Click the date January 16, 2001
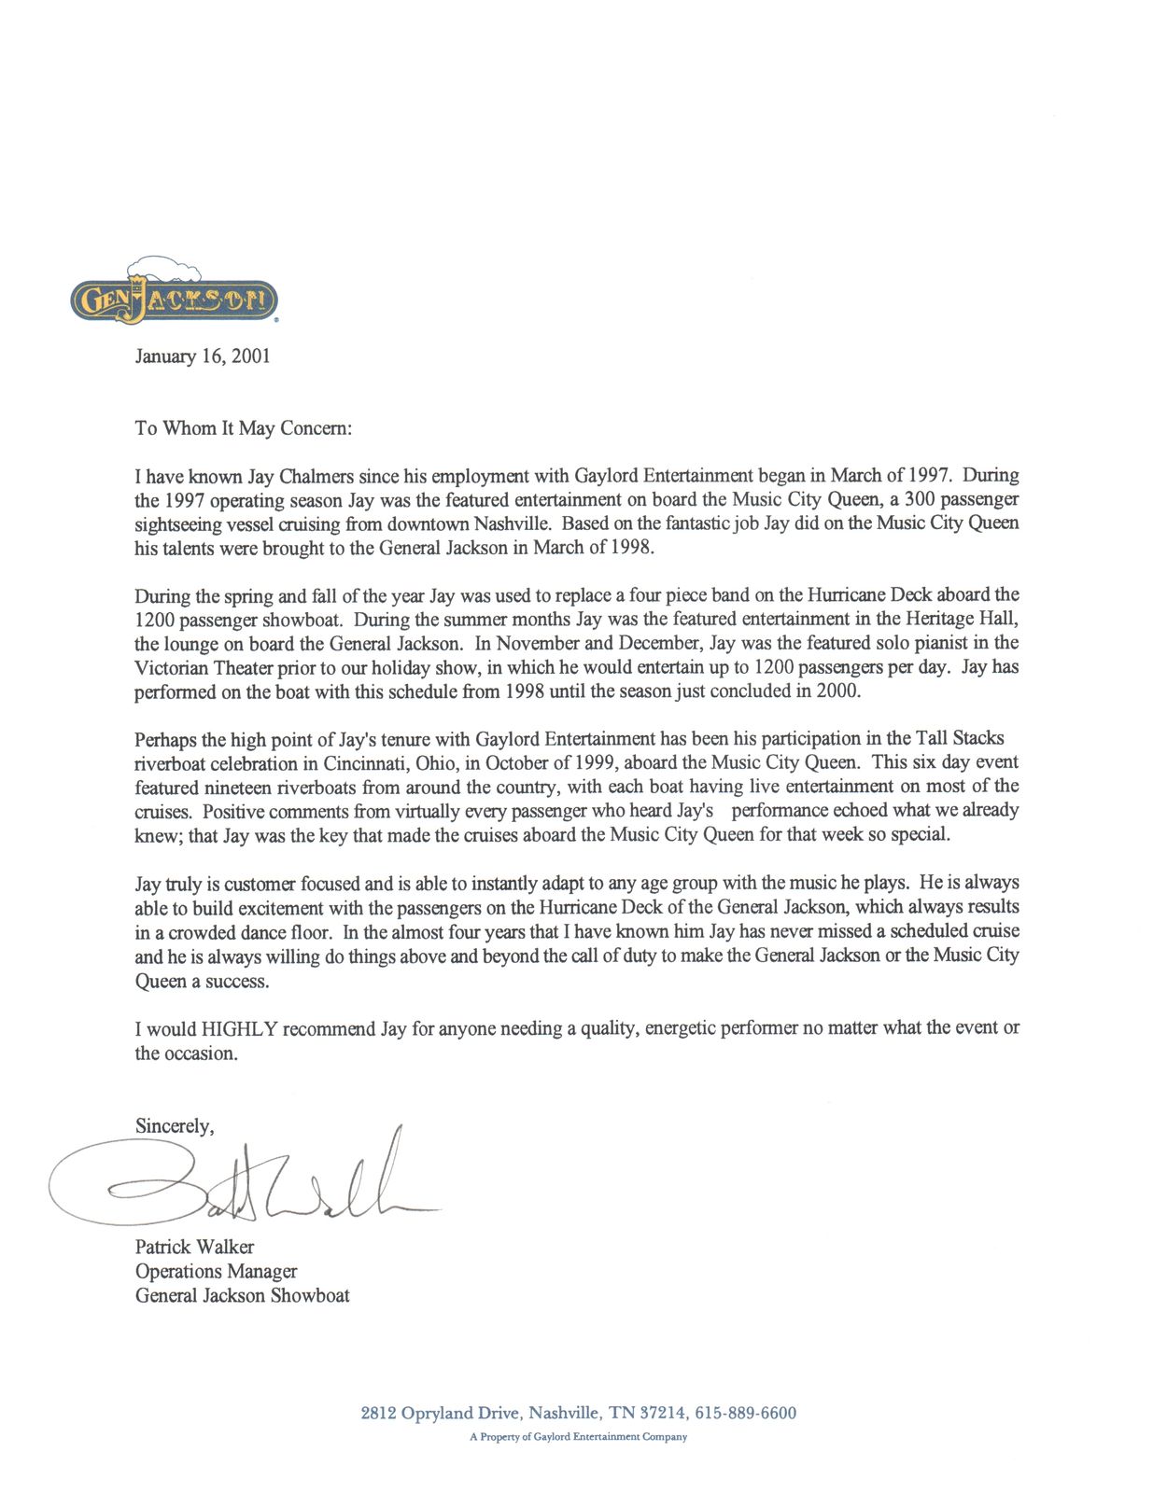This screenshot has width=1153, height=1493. tap(203, 356)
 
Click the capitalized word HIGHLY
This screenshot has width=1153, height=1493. tap(240, 1029)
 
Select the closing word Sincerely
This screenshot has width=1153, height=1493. tap(174, 1126)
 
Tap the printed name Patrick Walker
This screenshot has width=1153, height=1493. tap(194, 1248)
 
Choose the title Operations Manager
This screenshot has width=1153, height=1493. tap(216, 1272)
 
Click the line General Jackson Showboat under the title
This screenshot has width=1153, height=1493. tap(243, 1296)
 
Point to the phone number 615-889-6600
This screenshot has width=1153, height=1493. tap(746, 1414)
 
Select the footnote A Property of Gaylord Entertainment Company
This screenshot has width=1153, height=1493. tap(578, 1437)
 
